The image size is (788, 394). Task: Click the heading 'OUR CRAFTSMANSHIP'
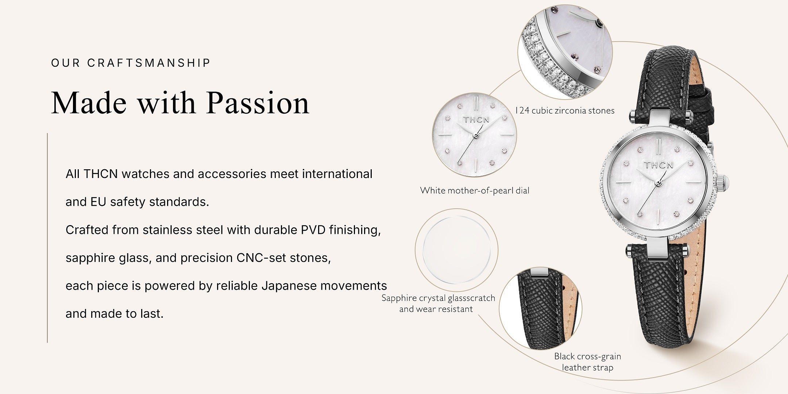[x=131, y=63]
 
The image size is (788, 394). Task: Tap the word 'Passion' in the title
[x=258, y=103]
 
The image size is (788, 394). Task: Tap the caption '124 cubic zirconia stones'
[x=565, y=111]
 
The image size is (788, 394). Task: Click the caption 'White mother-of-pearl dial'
[x=475, y=190]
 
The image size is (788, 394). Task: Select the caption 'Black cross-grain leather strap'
[x=587, y=362]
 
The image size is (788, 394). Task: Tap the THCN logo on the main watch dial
[x=658, y=165]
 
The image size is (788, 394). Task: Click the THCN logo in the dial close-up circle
[x=476, y=120]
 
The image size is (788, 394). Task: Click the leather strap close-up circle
[x=541, y=308]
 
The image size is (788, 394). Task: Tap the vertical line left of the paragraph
[x=47, y=238]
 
